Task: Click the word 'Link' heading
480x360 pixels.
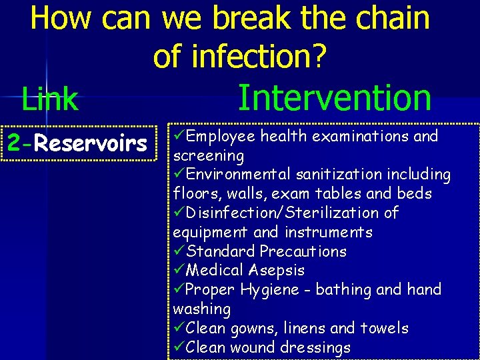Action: click(50, 99)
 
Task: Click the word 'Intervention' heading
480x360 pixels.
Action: click(335, 97)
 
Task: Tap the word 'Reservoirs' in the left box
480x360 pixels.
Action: click(91, 143)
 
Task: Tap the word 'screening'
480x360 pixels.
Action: click(208, 156)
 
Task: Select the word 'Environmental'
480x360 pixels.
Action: click(239, 175)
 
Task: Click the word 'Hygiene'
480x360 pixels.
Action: click(270, 290)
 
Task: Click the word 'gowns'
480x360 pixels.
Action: click(247, 328)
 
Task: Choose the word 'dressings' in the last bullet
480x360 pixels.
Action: click(317, 347)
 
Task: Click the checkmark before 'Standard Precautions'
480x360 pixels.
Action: click(179, 251)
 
